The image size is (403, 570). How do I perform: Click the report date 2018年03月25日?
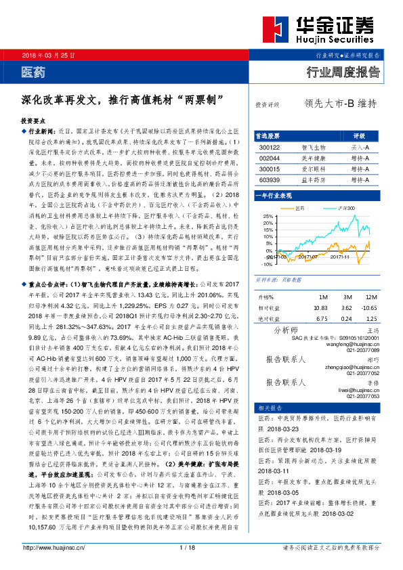[49, 54]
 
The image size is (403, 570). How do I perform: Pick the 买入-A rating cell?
[360, 147]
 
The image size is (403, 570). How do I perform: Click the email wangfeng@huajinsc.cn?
[353, 344]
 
